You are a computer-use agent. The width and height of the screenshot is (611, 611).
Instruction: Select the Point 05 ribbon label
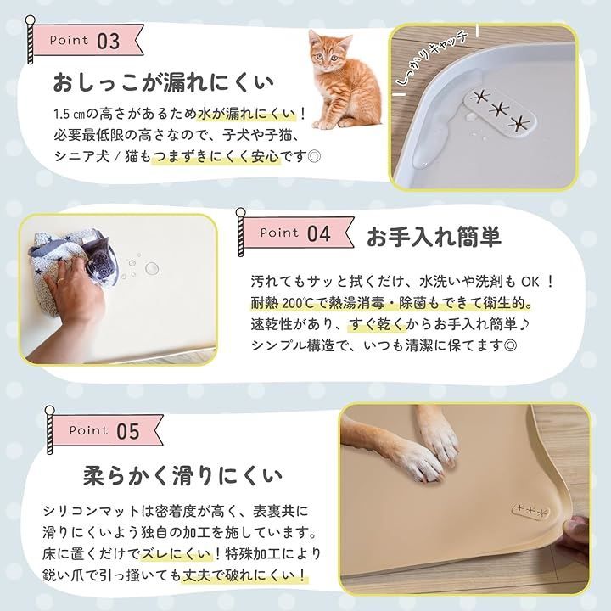click(104, 430)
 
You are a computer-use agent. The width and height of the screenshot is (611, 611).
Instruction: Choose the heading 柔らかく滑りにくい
click(182, 473)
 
